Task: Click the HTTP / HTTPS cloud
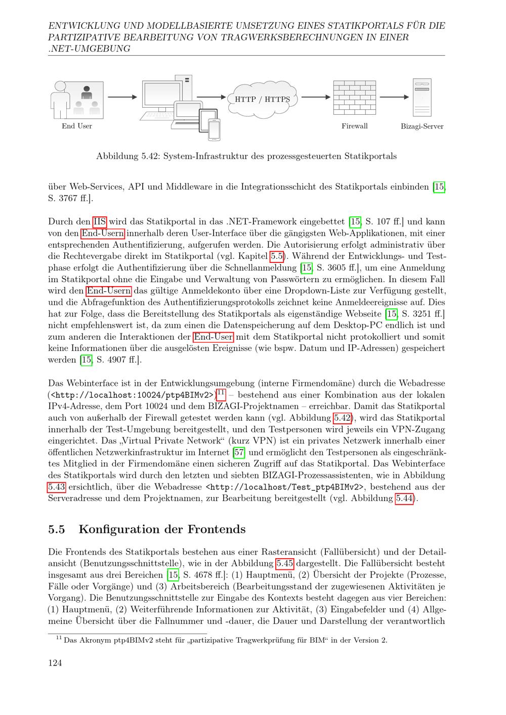pyautogui.click(x=262, y=99)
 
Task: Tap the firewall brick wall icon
pyautogui.click(x=354, y=97)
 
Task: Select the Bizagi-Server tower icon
pyautogui.click(x=422, y=97)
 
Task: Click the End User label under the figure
pyautogui.click(x=77, y=126)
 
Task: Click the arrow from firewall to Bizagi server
pyautogui.click(x=394, y=97)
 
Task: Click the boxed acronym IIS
pyautogui.click(x=100, y=221)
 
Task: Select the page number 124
pyautogui.click(x=55, y=663)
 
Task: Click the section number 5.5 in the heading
pyautogui.click(x=56, y=529)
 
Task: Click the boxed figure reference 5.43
pyautogui.click(x=57, y=487)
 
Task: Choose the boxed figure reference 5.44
pyautogui.click(x=404, y=499)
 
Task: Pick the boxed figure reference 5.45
pyautogui.click(x=285, y=563)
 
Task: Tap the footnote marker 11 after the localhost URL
pyautogui.click(x=221, y=393)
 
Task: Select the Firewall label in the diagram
pyautogui.click(x=354, y=126)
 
